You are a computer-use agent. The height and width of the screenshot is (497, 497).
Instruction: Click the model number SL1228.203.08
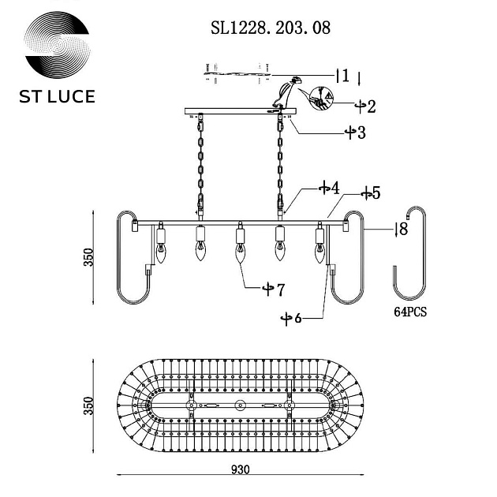pyautogui.click(x=271, y=28)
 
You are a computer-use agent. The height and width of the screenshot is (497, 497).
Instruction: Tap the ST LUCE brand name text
pyautogui.click(x=56, y=97)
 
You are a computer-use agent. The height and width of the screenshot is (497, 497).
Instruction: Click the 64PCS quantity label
pyautogui.click(x=410, y=312)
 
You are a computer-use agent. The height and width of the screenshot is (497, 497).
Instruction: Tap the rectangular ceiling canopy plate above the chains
pyautogui.click(x=239, y=111)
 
